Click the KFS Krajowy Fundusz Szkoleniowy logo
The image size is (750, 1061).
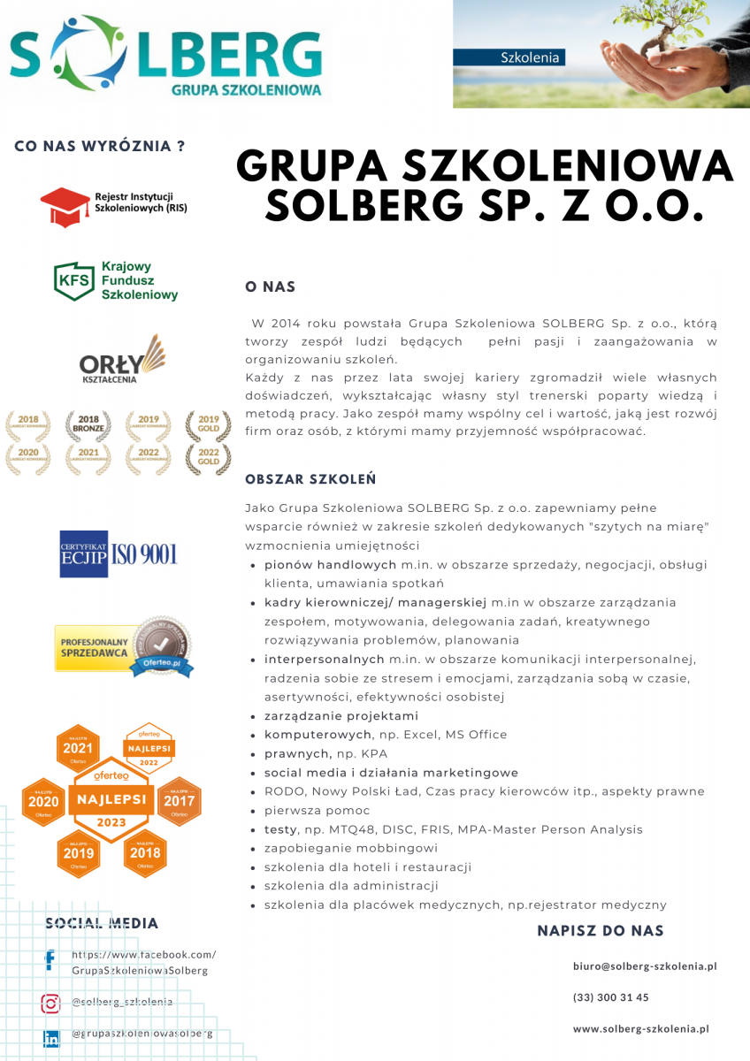coord(116,280)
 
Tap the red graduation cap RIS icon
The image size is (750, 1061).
coord(65,207)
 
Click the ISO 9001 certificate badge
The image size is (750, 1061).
coord(119,553)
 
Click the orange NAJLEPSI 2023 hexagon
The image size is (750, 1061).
coord(112,799)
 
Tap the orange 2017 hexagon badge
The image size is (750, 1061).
coord(180,802)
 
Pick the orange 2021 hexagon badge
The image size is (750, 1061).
coord(79,748)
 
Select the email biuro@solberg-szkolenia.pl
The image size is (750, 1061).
coord(645,966)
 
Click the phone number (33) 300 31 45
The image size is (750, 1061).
coord(610,997)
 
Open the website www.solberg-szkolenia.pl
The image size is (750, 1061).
coord(641,1028)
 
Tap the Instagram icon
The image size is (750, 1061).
coord(50,1003)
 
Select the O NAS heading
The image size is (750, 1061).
coord(270,287)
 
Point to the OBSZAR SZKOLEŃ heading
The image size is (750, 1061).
coord(310,479)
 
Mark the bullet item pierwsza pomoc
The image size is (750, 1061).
coord(317,811)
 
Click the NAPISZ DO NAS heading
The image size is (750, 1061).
coord(601,931)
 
